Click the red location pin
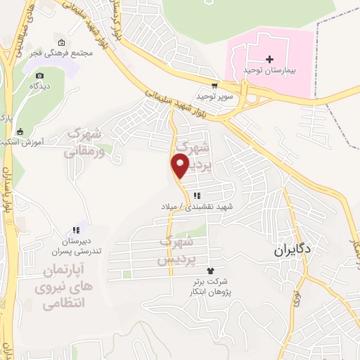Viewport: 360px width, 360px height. [x=181, y=166]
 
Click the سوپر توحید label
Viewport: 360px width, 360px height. [x=214, y=95]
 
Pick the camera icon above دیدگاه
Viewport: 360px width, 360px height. [x=39, y=75]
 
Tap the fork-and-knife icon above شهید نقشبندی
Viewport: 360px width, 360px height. [x=197, y=195]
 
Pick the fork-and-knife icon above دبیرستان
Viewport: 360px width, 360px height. [x=75, y=229]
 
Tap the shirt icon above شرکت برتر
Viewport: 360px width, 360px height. [x=209, y=271]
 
